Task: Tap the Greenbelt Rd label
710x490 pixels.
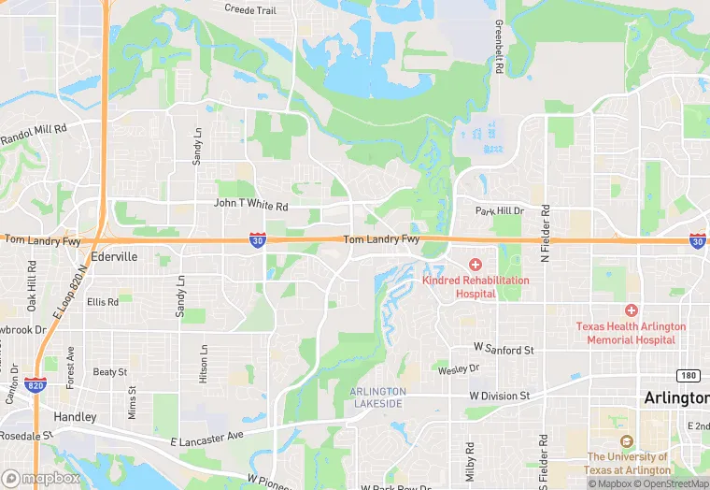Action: [499, 49]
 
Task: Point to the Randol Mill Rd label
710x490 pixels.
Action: [35, 133]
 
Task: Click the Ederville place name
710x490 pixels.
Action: [113, 256]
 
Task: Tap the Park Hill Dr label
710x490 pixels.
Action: [503, 210]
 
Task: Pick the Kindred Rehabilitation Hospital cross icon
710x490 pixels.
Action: [476, 265]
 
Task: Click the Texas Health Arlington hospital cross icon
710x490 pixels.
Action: [632, 310]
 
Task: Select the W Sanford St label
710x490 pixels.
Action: [503, 350]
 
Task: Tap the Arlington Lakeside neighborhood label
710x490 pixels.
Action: [378, 396]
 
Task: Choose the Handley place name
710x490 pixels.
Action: [75, 417]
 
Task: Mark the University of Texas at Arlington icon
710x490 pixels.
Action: [626, 441]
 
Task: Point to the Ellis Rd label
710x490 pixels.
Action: [103, 302]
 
